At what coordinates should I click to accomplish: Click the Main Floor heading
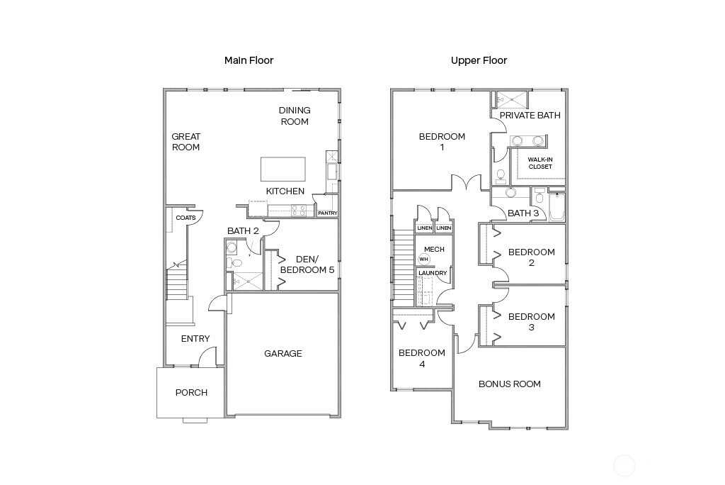click(x=249, y=60)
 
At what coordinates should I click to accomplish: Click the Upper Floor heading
click(x=479, y=60)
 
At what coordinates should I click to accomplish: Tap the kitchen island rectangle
click(x=283, y=169)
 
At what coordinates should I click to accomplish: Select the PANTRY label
click(x=327, y=213)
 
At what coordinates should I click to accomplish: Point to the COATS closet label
click(x=185, y=218)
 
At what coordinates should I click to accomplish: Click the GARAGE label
click(x=283, y=353)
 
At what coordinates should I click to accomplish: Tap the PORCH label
click(x=191, y=392)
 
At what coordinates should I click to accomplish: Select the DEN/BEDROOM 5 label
click(x=307, y=264)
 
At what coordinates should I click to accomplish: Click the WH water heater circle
click(x=424, y=260)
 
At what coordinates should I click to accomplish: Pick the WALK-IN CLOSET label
click(x=540, y=163)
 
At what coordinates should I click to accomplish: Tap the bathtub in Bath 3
click(x=556, y=206)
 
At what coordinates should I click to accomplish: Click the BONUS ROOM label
click(x=510, y=384)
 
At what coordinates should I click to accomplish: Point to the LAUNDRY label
click(x=433, y=273)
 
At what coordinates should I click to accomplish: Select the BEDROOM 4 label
click(x=422, y=359)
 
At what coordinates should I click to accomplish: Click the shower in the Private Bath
click(x=512, y=99)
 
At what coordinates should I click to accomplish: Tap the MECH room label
click(x=434, y=249)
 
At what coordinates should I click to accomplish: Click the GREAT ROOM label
click(x=186, y=142)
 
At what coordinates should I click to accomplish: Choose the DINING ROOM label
click(x=295, y=116)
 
